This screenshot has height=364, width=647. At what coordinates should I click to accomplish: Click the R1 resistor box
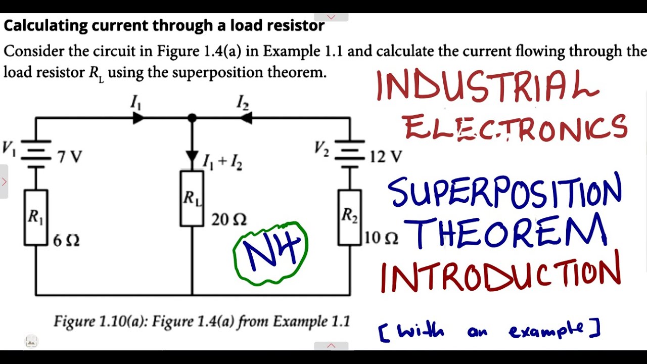[35, 217]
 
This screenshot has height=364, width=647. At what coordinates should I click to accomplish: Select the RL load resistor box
[192, 198]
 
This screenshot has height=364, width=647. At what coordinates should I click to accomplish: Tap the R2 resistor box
[350, 217]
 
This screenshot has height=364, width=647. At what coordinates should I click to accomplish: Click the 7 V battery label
[69, 157]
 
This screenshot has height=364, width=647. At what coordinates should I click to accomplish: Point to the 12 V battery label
[386, 157]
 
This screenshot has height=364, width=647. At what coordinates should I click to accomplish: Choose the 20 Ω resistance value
[229, 219]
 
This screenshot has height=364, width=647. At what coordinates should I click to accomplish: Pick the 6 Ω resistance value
[66, 240]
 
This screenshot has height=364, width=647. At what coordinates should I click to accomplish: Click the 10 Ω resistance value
[381, 238]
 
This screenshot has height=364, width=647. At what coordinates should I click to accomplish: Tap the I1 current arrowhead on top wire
[138, 118]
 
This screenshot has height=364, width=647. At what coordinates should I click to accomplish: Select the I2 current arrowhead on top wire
[246, 118]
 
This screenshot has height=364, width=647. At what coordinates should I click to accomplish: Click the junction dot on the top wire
[192, 118]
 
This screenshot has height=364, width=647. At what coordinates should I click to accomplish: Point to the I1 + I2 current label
[222, 162]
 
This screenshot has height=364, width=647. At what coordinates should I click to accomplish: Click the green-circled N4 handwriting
[270, 252]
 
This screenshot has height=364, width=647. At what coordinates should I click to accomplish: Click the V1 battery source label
[9, 148]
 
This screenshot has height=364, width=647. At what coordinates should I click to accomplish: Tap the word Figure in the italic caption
[75, 321]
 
